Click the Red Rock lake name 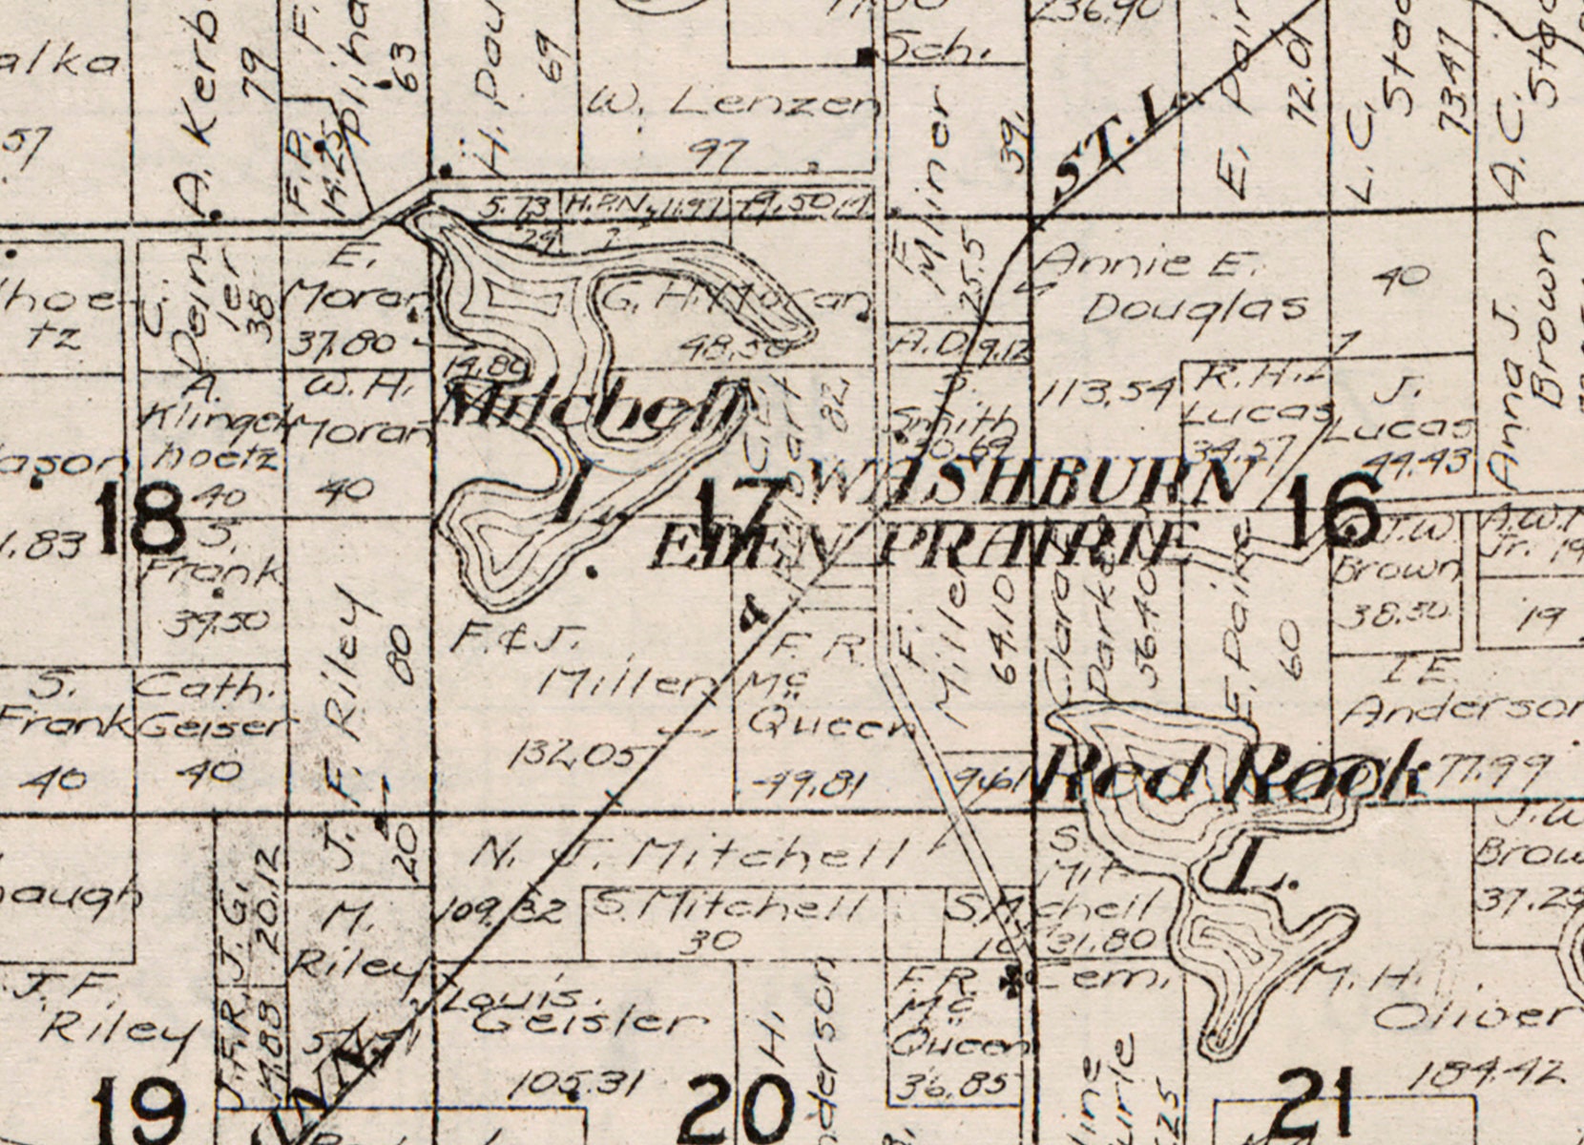(x=1231, y=771)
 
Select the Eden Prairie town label (x=922, y=548)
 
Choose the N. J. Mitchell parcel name (x=687, y=852)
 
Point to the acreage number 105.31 (x=573, y=1082)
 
